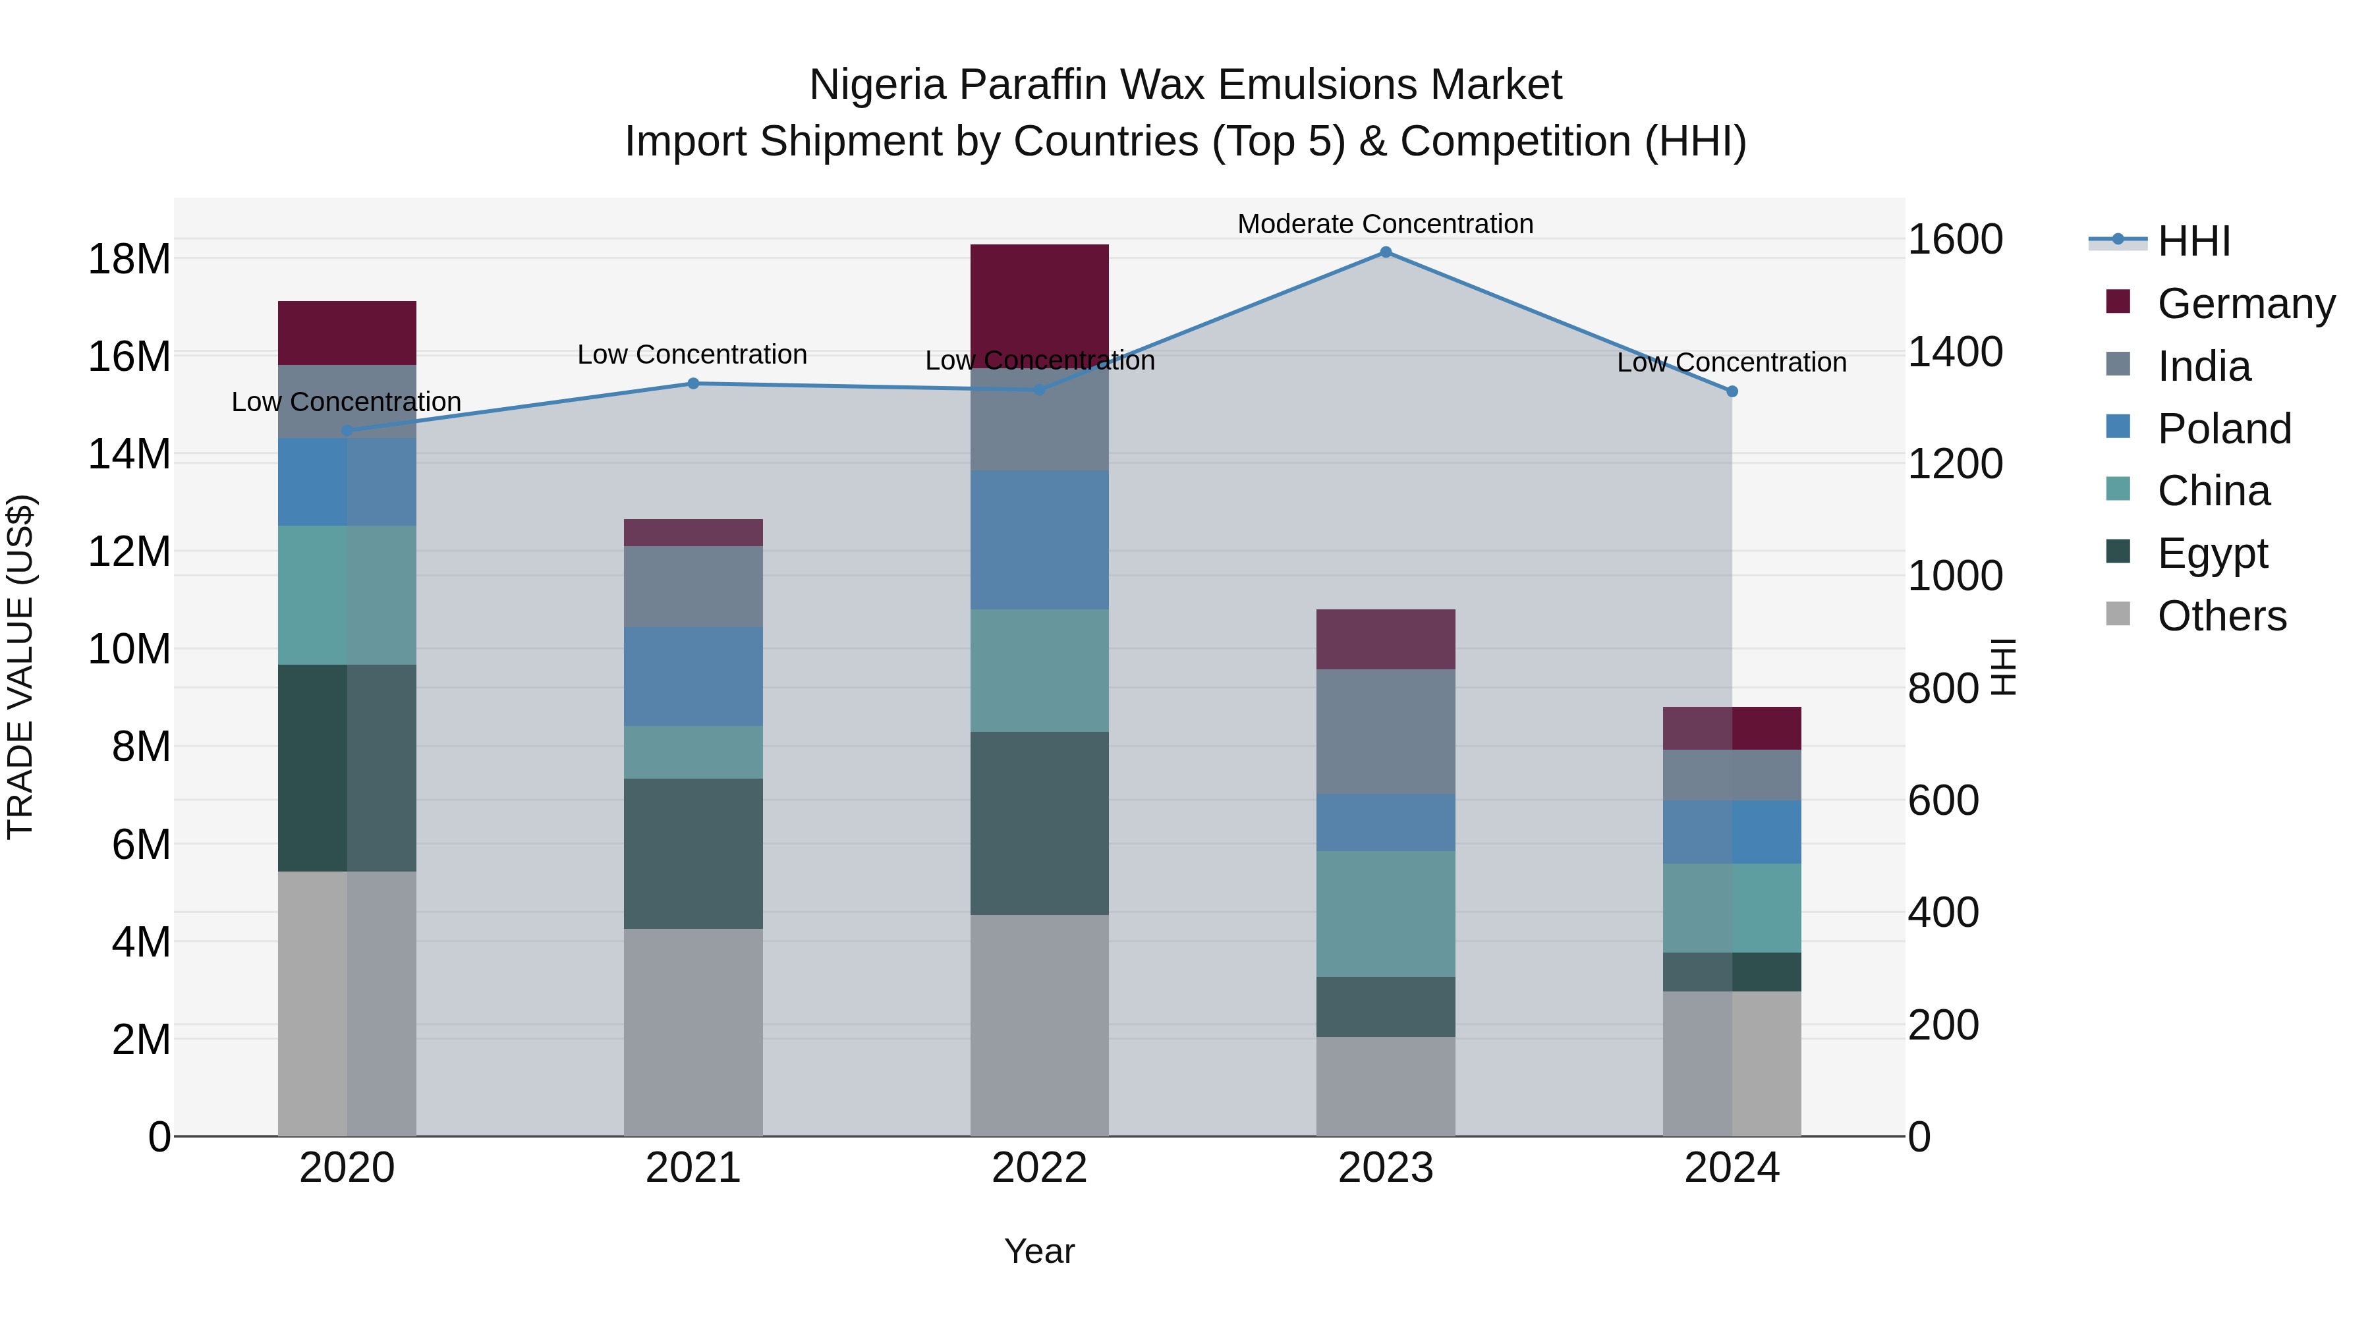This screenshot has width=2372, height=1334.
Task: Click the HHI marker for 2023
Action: click(1385, 252)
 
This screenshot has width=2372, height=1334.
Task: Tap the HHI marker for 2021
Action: click(693, 384)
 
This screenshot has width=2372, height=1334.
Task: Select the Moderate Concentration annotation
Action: click(1385, 224)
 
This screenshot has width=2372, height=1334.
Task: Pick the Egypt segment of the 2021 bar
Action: click(693, 853)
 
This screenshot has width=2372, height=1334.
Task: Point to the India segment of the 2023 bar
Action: click(1385, 731)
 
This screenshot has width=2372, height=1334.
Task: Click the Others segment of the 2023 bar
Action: click(1385, 1086)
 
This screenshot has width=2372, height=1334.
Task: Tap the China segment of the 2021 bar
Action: click(693, 752)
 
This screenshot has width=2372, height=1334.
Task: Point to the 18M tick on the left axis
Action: click(129, 260)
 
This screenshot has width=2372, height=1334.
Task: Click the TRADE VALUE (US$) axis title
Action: click(20, 667)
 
